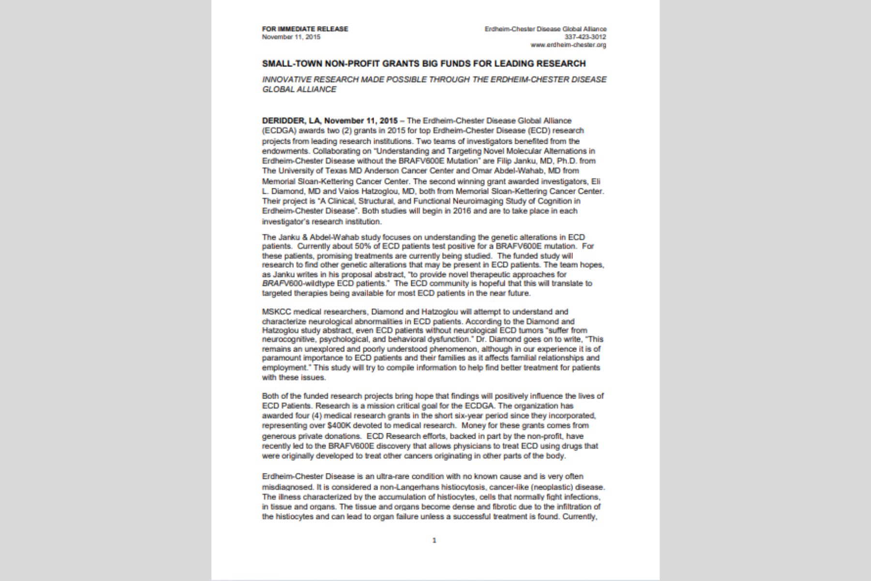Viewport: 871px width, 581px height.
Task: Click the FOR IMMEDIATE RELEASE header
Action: pos(305,29)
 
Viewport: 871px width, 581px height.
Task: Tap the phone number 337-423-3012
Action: pos(585,37)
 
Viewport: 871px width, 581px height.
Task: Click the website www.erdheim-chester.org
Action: pos(568,45)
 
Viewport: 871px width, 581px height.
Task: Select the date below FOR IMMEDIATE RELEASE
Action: pos(291,37)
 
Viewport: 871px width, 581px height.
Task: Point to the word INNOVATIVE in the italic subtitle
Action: pos(286,79)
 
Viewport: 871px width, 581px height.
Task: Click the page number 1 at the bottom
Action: pos(434,540)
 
